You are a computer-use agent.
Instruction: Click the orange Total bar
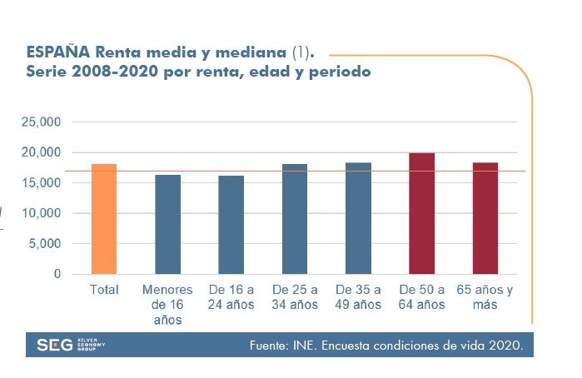103,219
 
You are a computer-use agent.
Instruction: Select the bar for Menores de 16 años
167,224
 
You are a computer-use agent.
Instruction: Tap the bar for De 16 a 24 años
231,225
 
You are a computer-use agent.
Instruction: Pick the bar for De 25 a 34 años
295,219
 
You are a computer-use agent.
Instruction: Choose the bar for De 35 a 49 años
358,218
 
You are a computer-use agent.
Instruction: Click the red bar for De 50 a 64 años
422,213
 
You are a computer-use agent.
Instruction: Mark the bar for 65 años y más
485,218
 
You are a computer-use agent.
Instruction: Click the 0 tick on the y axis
57,274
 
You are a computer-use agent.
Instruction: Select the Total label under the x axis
104,290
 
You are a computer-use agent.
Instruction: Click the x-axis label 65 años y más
485,297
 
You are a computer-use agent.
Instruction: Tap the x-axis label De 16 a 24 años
231,297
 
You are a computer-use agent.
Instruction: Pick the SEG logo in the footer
55,346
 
